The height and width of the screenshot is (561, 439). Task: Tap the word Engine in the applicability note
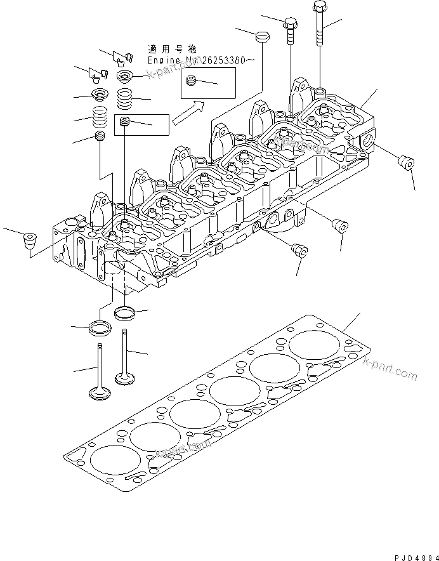(162, 60)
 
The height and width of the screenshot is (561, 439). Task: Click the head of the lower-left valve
(96, 393)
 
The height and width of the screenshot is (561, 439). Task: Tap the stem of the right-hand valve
(124, 352)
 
